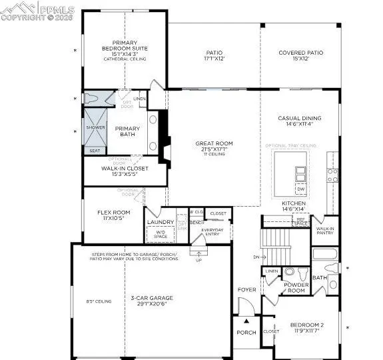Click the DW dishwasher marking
[300, 189]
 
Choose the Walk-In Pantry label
[325, 231]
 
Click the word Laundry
[161, 222]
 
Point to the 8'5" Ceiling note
[99, 301]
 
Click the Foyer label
[246, 290]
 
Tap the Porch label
[246, 333]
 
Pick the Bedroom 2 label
[307, 328]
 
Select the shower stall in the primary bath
[93, 132]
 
